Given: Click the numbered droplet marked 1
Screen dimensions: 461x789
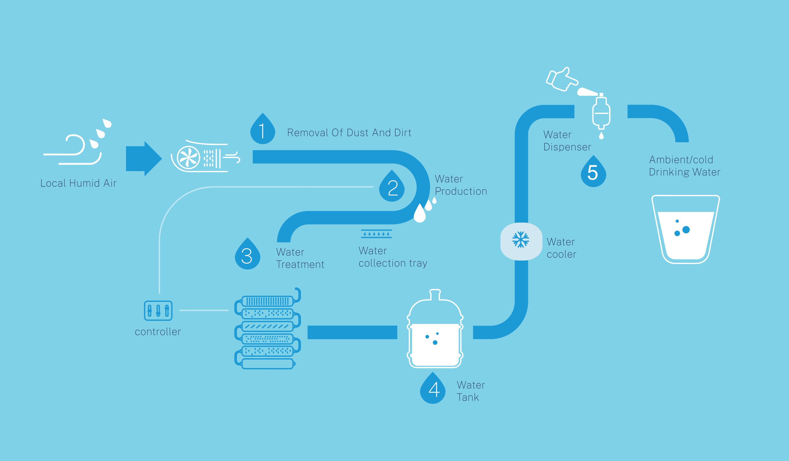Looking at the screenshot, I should point(262,131).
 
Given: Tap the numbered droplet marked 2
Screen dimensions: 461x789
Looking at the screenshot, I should point(392,188).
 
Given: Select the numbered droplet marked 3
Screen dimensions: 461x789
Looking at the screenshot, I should point(247,256).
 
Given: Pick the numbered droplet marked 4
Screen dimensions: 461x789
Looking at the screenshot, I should point(433,390).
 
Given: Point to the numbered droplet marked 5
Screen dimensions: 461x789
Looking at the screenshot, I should point(593,173).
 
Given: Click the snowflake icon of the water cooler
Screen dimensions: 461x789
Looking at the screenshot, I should point(521,240).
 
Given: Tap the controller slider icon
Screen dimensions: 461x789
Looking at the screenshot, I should point(158,311).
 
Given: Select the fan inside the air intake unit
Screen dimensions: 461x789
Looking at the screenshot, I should point(188,158).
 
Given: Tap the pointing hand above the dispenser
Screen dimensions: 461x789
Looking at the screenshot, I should point(561,80).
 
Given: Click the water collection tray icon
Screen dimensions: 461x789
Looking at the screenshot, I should point(376,234).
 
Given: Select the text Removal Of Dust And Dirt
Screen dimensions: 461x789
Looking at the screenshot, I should point(349,133).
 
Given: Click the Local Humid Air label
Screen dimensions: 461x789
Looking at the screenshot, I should point(78,183).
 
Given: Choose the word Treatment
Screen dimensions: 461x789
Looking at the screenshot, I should point(300,265).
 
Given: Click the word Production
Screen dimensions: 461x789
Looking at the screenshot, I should point(461,191).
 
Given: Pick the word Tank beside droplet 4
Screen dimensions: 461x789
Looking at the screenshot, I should point(468,397).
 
